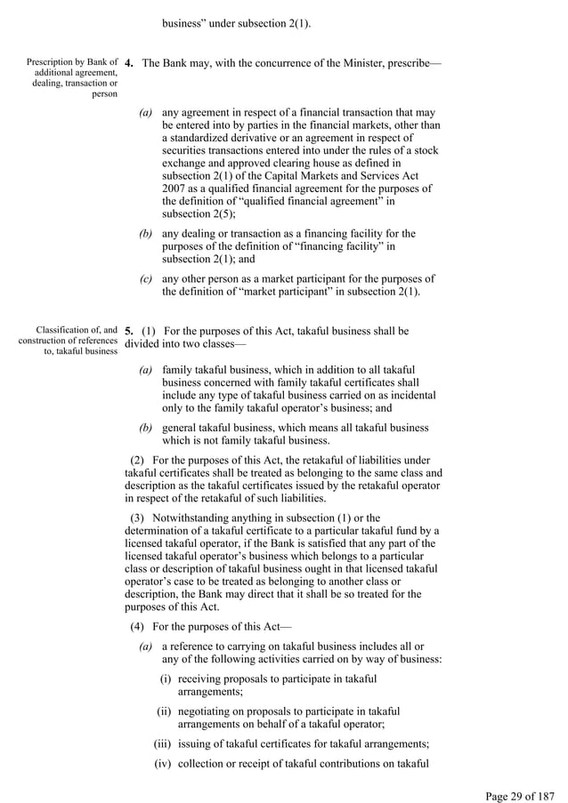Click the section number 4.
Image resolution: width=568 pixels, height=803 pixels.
(x=130, y=64)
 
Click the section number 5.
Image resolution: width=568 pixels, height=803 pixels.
(x=130, y=331)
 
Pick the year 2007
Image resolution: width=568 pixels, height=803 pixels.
(x=175, y=189)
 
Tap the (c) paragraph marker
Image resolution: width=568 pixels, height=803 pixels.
(x=145, y=278)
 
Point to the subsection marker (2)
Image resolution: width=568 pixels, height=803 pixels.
(x=138, y=460)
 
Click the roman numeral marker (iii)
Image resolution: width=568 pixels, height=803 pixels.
(x=164, y=743)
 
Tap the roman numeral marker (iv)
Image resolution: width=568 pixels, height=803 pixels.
(x=164, y=765)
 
